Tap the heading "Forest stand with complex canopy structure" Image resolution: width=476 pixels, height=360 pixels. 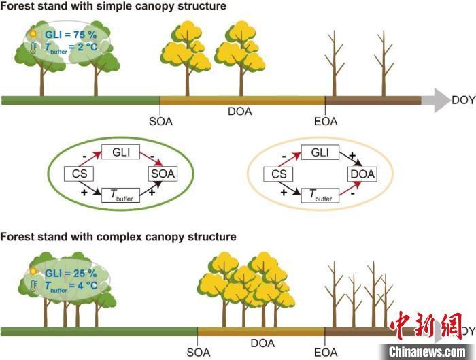[x=118, y=237]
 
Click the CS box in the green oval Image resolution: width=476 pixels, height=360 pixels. [x=77, y=174]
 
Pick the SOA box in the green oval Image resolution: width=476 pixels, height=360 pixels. [x=162, y=174]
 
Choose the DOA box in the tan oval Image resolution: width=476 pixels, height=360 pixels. [x=362, y=174]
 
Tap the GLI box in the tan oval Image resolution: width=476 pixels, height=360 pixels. [x=319, y=152]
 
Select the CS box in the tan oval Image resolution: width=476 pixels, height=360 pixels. [x=277, y=174]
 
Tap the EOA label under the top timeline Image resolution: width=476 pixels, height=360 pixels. [x=325, y=121]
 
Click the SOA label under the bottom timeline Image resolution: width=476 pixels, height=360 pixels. [x=199, y=353]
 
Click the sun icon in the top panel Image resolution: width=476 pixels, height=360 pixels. [x=32, y=33]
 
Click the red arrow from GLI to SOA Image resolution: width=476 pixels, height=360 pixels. [x=143, y=160]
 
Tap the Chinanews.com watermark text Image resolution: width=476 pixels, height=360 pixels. [x=428, y=351]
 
